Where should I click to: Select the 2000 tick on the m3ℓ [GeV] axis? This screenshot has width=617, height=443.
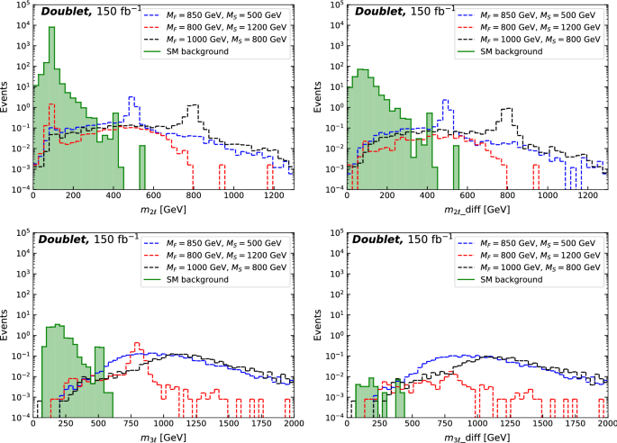coord(293,424)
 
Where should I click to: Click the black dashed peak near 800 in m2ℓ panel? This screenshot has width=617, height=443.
coord(192,105)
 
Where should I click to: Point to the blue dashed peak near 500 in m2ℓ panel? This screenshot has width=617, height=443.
coord(132,97)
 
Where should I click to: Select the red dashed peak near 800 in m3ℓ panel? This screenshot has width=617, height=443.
coord(137,344)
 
